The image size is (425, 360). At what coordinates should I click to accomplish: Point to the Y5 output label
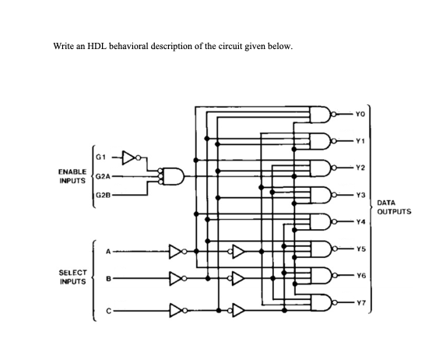tap(357, 249)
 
